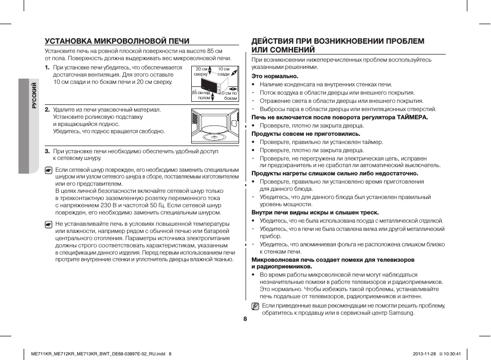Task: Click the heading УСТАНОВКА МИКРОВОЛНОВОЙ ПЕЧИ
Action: coord(117,41)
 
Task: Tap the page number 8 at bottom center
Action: coord(245,319)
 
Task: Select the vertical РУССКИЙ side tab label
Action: coord(34,95)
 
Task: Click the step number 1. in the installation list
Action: coord(47,67)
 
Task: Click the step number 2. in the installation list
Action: coord(47,110)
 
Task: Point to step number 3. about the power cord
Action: coord(47,151)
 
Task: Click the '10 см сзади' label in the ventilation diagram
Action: coord(223,71)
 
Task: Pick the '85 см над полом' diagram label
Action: coord(202,95)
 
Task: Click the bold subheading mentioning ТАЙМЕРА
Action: coord(339,117)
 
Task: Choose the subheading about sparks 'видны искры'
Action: coord(315,212)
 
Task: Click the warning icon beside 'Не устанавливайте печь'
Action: coord(48,224)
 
